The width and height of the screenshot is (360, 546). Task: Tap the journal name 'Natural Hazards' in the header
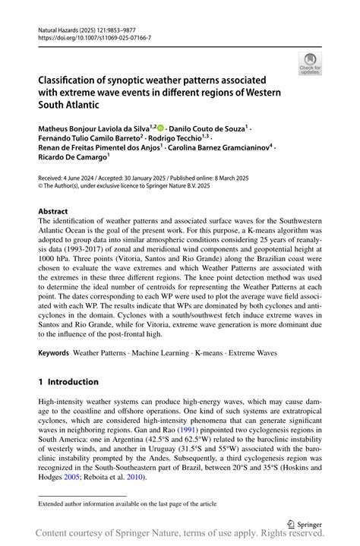[61, 28]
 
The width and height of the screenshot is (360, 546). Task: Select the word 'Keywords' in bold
[52, 353]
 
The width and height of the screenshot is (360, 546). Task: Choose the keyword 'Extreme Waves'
[253, 353]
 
